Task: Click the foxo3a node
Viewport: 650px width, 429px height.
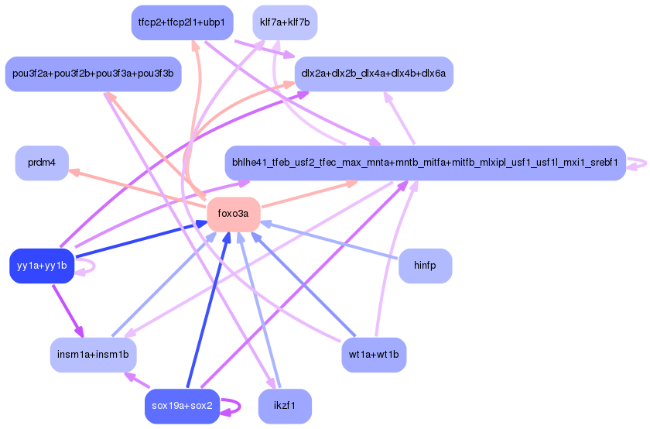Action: point(233,214)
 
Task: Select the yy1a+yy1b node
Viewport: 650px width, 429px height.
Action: point(41,266)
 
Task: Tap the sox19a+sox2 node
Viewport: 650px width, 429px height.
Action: point(183,406)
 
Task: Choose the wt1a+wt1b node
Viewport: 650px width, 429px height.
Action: point(374,355)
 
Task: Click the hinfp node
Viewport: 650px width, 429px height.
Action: point(425,266)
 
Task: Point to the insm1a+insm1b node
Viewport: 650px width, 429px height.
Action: point(93,355)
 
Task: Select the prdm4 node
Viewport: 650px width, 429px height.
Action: point(42,163)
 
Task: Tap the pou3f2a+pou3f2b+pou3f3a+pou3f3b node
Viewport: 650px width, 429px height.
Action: point(93,74)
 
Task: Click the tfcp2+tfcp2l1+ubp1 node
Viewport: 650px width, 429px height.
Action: point(182,22)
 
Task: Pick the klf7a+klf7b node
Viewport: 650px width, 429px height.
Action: point(285,22)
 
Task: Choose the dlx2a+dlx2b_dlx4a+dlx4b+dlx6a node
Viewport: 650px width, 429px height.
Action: point(374,74)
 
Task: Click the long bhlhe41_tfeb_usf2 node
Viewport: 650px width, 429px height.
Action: point(425,163)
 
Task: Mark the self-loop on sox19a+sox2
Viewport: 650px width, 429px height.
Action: point(231,407)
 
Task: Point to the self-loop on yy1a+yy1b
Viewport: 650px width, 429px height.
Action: point(87,266)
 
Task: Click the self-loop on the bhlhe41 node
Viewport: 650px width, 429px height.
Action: point(638,163)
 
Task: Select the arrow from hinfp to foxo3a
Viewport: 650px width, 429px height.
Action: point(333,241)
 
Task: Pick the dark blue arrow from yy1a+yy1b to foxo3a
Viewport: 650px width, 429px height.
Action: point(139,240)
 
